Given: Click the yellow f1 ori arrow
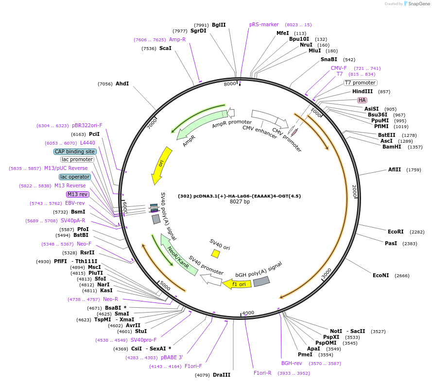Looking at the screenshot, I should [x=237, y=284].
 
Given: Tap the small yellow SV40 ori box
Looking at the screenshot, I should [x=216, y=253].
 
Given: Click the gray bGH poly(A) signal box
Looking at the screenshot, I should [x=261, y=282].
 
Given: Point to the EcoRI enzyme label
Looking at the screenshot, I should [x=396, y=232].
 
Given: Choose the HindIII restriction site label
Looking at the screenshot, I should [x=363, y=92].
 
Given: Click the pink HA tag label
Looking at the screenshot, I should [x=362, y=100].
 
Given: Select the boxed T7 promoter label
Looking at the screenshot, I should [x=360, y=83].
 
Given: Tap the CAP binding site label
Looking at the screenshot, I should [x=75, y=151].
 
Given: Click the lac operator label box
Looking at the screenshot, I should [x=75, y=177].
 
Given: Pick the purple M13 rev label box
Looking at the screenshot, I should [x=78, y=194].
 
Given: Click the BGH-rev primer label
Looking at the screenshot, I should [x=292, y=363].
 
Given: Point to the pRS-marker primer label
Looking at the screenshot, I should [x=264, y=24].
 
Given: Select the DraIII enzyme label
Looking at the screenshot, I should [x=222, y=375].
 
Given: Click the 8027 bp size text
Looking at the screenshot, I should [x=240, y=201].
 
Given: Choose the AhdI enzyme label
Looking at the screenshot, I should [x=122, y=83].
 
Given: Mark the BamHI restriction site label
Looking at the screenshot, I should [x=392, y=147].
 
